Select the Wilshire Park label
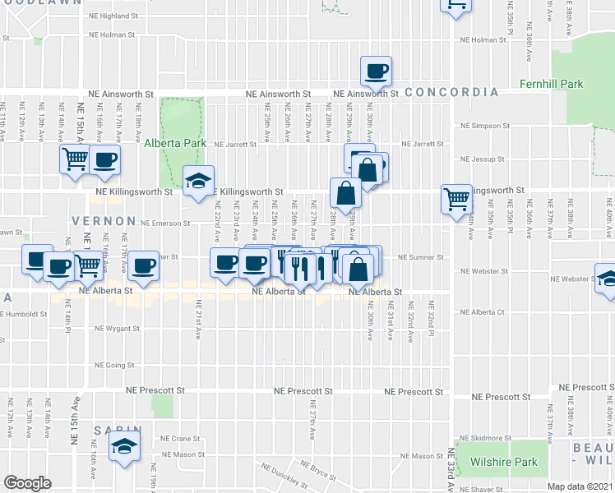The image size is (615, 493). pyautogui.click(x=504, y=462)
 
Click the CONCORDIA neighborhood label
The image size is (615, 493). pyautogui.click(x=451, y=92)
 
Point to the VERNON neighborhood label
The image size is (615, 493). pyautogui.click(x=103, y=221)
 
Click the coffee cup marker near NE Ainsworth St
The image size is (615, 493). pyautogui.click(x=376, y=71)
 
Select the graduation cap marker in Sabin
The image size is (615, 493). pyautogui.click(x=124, y=446)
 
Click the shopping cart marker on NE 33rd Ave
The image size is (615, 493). pyautogui.click(x=455, y=198)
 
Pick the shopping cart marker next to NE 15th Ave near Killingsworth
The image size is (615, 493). pyautogui.click(x=75, y=159)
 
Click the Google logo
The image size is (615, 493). pyautogui.click(x=27, y=483)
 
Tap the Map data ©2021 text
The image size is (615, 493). pyautogui.click(x=580, y=486)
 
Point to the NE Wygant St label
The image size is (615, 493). pyautogui.click(x=118, y=328)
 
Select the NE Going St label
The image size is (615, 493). pyautogui.click(x=114, y=365)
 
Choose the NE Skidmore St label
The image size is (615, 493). pyautogui.click(x=486, y=438)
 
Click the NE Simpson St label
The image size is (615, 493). pyautogui.click(x=484, y=127)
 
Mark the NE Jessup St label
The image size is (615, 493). pyautogui.click(x=483, y=159)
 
